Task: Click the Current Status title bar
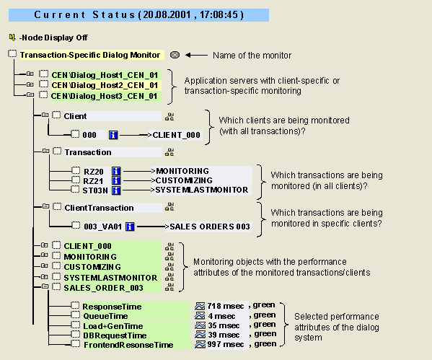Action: click(x=138, y=15)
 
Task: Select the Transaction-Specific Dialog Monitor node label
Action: click(x=90, y=55)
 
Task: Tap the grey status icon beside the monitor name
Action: click(x=175, y=55)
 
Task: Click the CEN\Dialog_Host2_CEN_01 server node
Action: click(x=105, y=85)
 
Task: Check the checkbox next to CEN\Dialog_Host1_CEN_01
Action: click(x=43, y=74)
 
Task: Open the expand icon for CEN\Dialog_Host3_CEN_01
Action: click(x=30, y=95)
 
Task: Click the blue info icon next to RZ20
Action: click(x=116, y=171)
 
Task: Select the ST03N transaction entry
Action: click(x=95, y=190)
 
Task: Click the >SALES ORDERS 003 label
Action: click(x=208, y=227)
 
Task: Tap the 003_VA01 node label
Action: click(x=102, y=227)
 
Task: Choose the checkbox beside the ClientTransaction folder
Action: click(x=57, y=206)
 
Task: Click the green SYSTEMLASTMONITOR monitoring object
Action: click(x=110, y=278)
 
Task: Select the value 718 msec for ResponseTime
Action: click(x=225, y=306)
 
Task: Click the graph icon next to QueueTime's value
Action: click(x=200, y=315)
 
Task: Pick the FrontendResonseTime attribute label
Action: click(x=128, y=345)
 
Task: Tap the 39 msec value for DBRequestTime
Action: click(x=224, y=335)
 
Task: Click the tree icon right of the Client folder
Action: click(x=169, y=117)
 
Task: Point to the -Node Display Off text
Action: click(x=53, y=38)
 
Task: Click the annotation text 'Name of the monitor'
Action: click(x=252, y=56)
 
